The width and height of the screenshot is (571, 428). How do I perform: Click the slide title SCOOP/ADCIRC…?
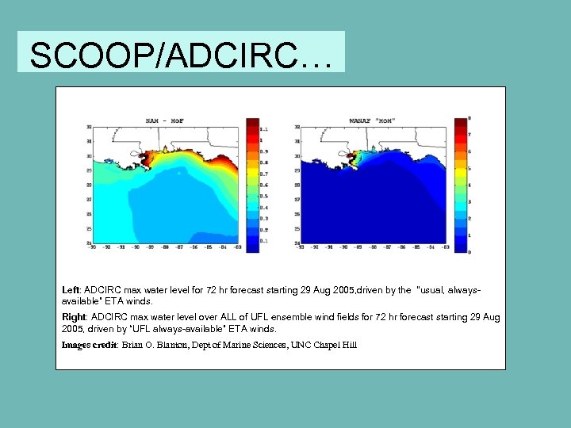[180, 54]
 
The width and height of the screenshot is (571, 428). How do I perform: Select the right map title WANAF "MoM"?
[373, 121]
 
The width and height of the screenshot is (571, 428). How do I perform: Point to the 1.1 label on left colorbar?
[263, 128]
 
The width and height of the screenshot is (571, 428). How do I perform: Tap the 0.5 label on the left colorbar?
[263, 196]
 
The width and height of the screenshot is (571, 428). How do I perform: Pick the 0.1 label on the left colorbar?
[263, 241]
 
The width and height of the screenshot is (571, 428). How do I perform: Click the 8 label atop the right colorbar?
[470, 118]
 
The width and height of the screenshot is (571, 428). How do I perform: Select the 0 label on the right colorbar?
[470, 252]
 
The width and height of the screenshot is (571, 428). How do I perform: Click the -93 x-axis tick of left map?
[93, 247]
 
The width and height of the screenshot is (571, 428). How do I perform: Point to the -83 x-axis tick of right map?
[446, 247]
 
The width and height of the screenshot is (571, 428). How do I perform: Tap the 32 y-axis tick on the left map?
[89, 127]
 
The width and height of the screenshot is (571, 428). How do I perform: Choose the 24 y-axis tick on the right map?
[297, 243]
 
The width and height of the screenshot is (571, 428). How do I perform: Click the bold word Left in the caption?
[71, 291]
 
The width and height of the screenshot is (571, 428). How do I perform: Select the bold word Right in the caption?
[74, 317]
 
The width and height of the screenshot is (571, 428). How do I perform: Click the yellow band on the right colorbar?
[461, 169]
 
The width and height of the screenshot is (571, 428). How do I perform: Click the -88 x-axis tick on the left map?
[164, 247]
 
